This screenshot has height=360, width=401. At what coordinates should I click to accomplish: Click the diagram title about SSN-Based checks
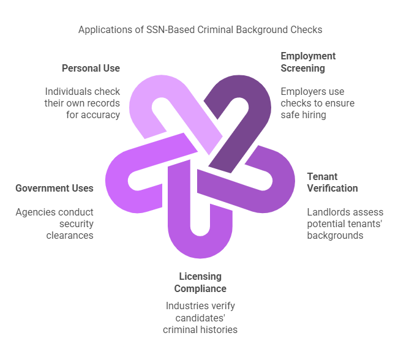[x=200, y=29]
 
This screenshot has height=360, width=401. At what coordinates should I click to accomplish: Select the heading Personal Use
[x=91, y=68]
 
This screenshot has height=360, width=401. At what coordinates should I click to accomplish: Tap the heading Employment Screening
[x=308, y=62]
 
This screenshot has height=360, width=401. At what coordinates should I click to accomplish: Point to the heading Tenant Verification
[x=332, y=182]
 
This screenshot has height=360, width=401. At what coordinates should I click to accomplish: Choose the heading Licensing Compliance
[x=200, y=282]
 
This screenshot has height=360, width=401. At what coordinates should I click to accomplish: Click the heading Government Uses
[x=54, y=188]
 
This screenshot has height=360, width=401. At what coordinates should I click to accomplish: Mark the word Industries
[x=183, y=306]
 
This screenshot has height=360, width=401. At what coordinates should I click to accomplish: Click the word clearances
[x=70, y=235]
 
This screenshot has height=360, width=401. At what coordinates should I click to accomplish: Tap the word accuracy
[x=101, y=114]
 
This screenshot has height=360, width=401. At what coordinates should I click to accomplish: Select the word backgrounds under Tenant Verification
[x=335, y=235]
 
